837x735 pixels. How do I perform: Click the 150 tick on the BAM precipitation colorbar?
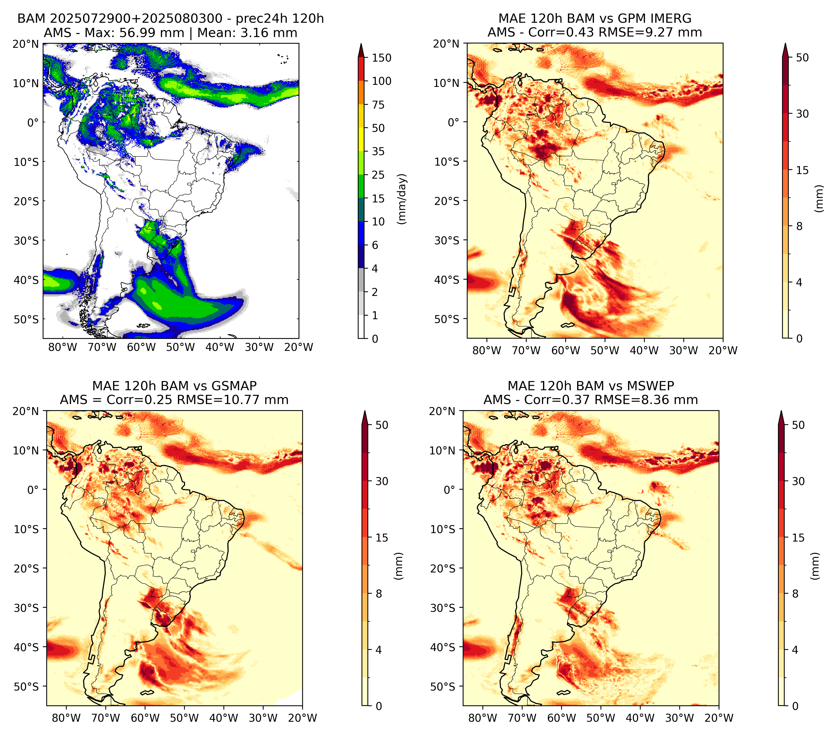tap(381, 58)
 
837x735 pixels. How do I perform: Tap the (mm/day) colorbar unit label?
tap(403, 199)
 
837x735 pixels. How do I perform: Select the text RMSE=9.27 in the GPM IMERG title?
tap(648, 32)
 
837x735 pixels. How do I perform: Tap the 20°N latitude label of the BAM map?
tap(26, 44)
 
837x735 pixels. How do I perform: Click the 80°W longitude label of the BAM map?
tap(63, 347)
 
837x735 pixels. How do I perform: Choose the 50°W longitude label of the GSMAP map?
tap(184, 718)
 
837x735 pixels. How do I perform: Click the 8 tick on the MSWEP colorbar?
tap(795, 594)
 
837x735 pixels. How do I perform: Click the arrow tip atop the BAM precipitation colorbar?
tap(361, 44)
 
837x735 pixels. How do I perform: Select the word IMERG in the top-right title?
tap(670, 18)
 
